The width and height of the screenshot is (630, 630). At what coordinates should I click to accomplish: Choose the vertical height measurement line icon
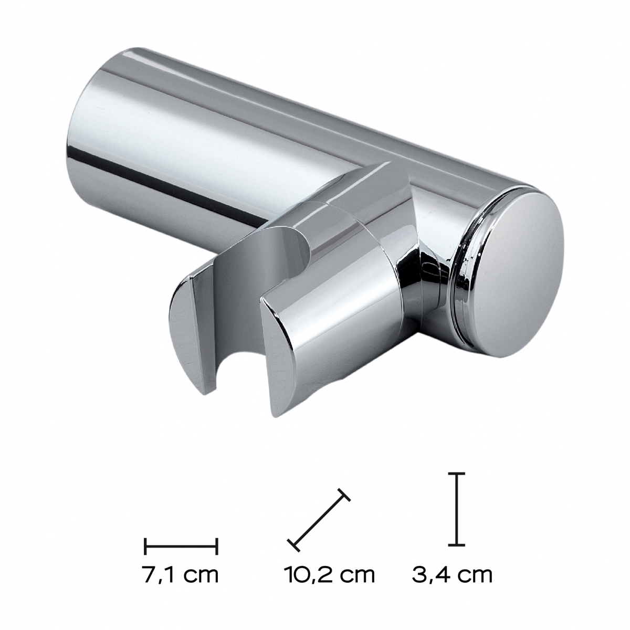458,502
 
